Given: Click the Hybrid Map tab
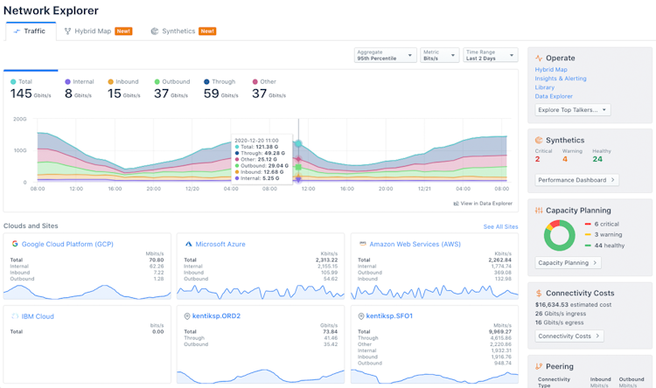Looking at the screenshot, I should [92, 31].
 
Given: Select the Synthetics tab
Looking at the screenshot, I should [178, 31].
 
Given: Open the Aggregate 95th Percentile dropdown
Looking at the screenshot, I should [386, 55].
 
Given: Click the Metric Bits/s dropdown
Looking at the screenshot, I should [439, 55].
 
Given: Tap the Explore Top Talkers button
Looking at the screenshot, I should [573, 110].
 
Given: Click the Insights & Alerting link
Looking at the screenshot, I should [561, 79].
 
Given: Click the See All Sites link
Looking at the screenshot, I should [500, 227].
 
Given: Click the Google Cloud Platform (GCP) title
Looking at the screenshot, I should [67, 245].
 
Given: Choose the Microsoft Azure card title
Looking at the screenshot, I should [220, 245].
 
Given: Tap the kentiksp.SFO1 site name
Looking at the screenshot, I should [389, 316].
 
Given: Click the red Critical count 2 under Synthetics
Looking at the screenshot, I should [538, 159].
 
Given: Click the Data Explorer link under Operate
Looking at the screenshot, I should [555, 96].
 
